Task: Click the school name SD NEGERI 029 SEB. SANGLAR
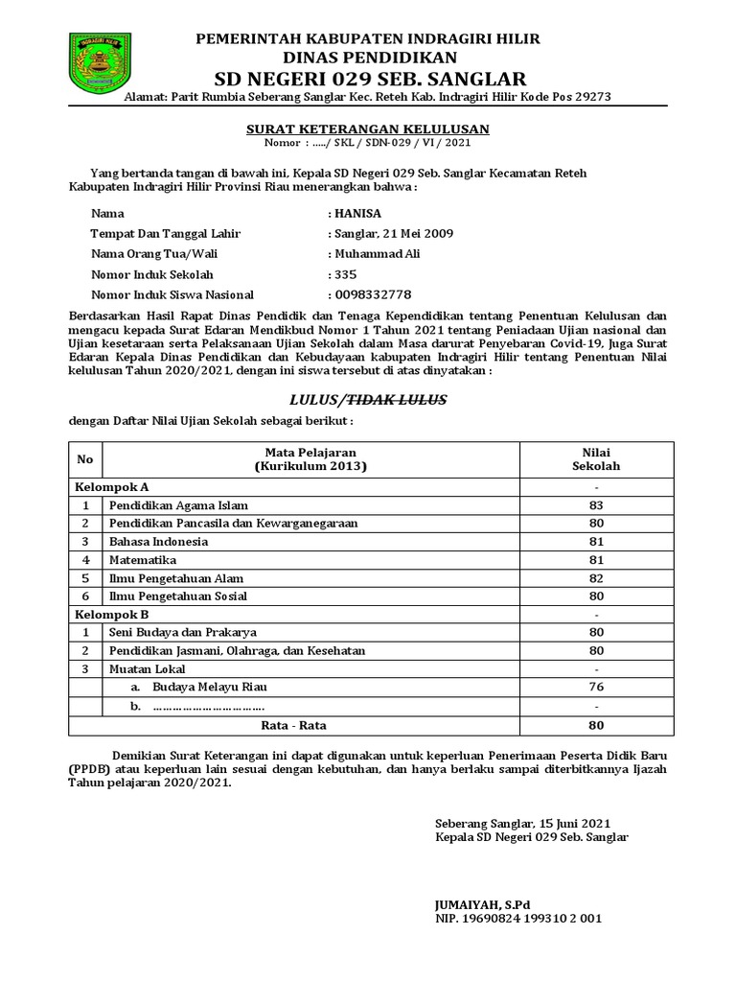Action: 368,78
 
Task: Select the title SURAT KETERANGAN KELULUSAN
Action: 368,129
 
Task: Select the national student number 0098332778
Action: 372,294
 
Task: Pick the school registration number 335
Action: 345,274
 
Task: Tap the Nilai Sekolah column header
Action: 596,458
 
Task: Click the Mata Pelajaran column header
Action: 310,458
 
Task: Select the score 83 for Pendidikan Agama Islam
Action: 596,504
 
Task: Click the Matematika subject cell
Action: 143,559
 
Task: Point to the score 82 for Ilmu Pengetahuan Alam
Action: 596,578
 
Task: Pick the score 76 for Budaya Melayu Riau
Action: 596,688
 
